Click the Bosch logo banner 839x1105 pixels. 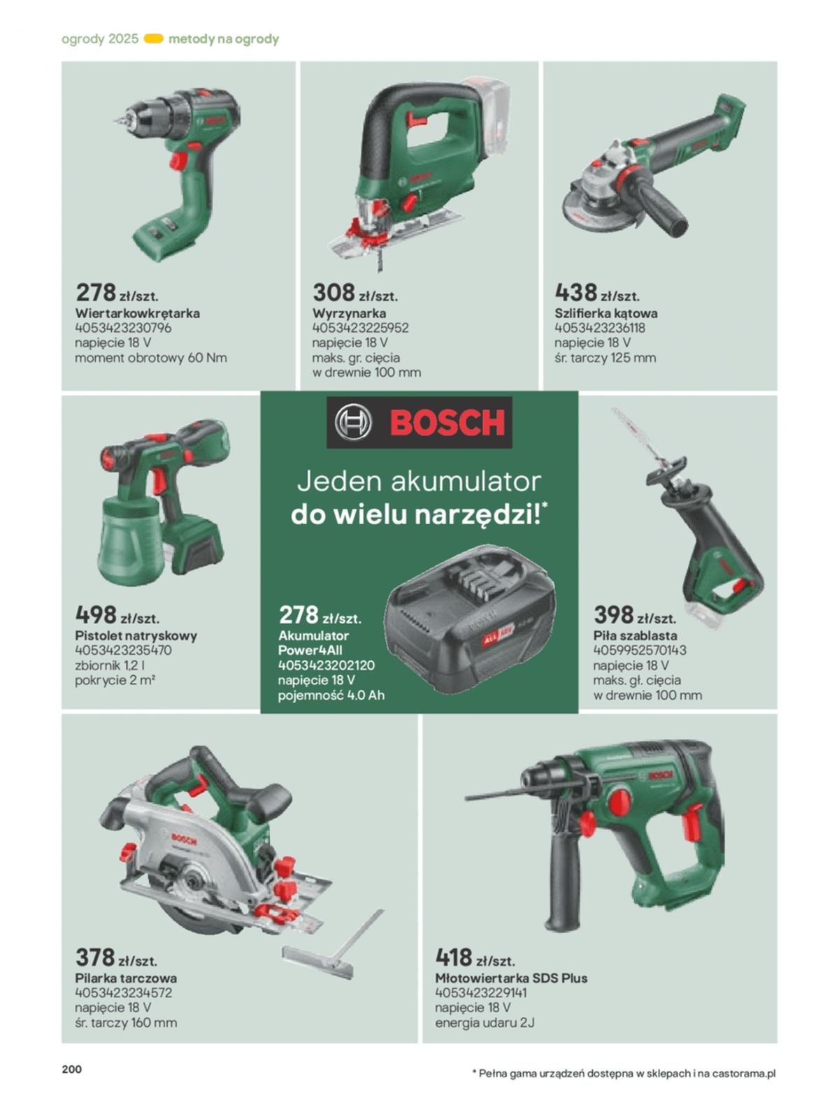click(x=419, y=422)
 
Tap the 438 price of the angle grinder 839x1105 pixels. click(x=575, y=292)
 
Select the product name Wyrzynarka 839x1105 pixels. click(x=349, y=313)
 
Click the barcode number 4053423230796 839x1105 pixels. click(x=123, y=328)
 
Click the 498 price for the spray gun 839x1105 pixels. click(x=96, y=614)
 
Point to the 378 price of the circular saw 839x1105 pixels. click(x=96, y=957)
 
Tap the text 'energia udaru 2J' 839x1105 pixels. click(x=485, y=1023)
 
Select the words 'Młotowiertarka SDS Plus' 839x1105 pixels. click(x=511, y=978)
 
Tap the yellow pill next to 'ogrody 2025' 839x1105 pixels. click(x=154, y=38)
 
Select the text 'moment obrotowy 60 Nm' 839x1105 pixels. click(x=151, y=358)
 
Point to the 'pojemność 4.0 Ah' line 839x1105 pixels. click(x=331, y=695)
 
